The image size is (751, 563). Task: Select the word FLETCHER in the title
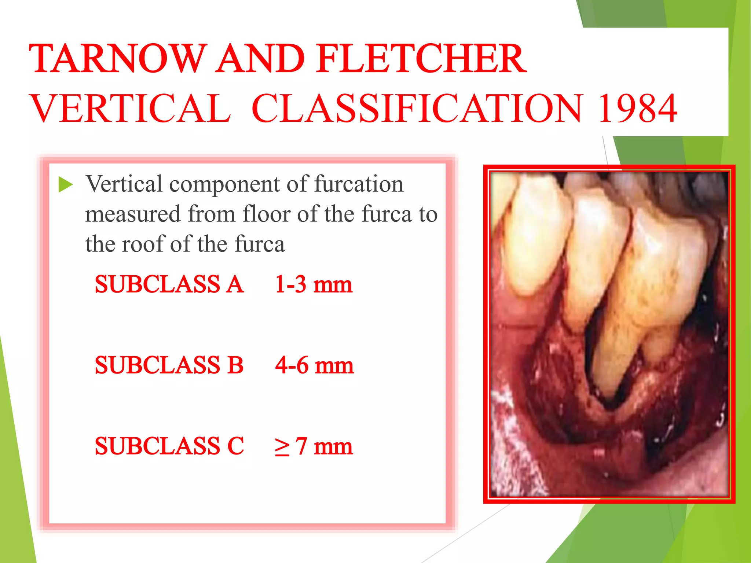click(422, 59)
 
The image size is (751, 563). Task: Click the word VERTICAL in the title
click(131, 108)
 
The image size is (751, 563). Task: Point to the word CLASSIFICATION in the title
click(417, 108)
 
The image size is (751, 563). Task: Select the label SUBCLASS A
click(169, 284)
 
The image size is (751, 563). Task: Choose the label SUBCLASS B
click(169, 365)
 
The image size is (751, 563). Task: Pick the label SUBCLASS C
click(169, 446)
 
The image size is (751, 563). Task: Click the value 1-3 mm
click(314, 284)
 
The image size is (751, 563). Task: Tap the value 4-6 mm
click(315, 365)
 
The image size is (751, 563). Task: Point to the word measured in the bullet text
click(133, 214)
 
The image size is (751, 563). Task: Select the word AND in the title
click(260, 59)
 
